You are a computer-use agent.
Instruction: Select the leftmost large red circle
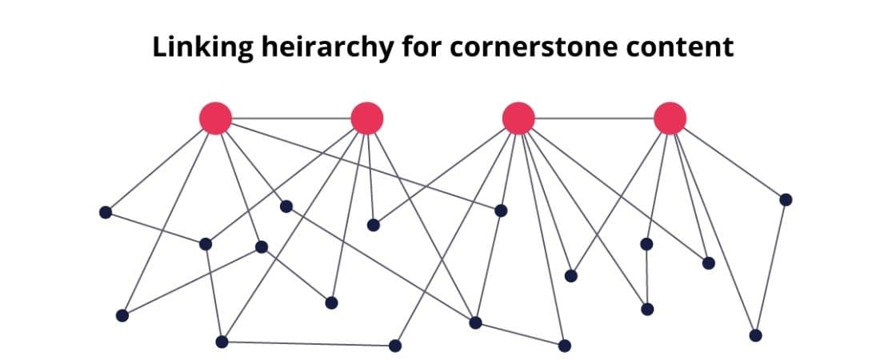click(x=215, y=118)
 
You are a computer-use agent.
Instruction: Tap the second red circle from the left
click(x=367, y=118)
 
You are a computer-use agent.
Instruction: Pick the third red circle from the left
click(x=518, y=118)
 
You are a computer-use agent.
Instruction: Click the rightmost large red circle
click(x=670, y=118)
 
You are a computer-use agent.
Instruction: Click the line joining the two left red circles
click(x=291, y=118)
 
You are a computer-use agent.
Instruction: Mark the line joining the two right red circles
click(x=594, y=118)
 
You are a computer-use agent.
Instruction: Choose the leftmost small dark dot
click(x=105, y=213)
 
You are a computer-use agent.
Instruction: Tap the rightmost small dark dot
click(x=786, y=199)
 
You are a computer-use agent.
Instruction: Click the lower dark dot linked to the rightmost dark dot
click(x=755, y=335)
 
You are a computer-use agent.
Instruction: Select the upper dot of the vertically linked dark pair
click(x=646, y=244)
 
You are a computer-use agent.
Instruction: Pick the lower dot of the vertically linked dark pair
click(x=647, y=309)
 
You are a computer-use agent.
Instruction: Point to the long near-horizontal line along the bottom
click(x=309, y=344)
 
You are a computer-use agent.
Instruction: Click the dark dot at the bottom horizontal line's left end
click(x=222, y=342)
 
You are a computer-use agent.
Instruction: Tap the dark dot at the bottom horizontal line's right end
click(x=395, y=346)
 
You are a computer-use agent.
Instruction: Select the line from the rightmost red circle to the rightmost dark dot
click(x=734, y=163)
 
